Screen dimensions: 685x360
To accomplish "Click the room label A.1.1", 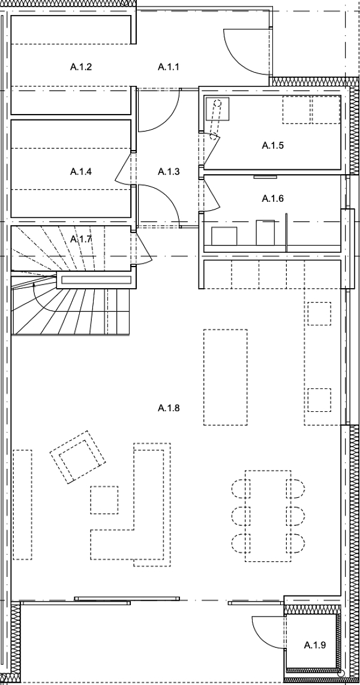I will pos(169,67).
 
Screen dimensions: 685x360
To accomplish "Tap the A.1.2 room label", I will pos(81,67).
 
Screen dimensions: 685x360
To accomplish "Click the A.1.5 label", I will pos(273,145).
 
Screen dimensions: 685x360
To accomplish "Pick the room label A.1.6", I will pos(273,198).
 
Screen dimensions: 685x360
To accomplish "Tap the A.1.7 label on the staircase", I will pos(81,240).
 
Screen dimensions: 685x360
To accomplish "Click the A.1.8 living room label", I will pos(169,408).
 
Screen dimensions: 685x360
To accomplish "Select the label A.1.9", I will pos(314,645).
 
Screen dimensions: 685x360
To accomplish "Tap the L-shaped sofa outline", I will pos(144,528).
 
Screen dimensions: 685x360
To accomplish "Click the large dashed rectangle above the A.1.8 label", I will pos(225,377).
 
